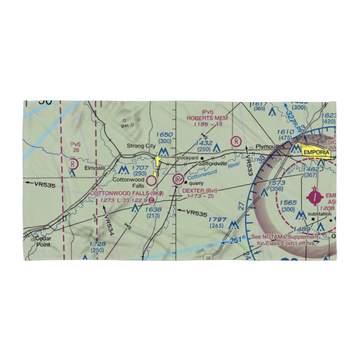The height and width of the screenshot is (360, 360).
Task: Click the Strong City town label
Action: point(141,146)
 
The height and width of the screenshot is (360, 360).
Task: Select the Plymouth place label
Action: point(267,147)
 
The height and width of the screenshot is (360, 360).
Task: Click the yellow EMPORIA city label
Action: point(316,153)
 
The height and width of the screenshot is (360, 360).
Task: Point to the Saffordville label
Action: point(213,163)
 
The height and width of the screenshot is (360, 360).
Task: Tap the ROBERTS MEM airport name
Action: point(207,118)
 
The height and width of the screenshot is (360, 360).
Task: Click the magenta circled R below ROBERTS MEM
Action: point(236,141)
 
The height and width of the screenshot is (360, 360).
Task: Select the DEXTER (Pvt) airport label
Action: point(200,190)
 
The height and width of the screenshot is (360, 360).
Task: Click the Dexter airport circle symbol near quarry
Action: point(177,179)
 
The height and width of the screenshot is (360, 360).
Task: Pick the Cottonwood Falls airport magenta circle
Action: point(152,179)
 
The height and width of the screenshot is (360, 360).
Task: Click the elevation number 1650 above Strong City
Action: point(165,135)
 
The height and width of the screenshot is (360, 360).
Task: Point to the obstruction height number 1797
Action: point(217,220)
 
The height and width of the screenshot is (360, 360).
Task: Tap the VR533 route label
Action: point(248,164)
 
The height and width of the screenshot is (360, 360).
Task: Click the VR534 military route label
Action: point(109,225)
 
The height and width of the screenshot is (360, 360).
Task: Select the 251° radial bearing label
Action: point(238,239)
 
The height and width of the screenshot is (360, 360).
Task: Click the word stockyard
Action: point(187,158)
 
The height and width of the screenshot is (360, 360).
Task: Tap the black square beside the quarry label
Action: point(186,183)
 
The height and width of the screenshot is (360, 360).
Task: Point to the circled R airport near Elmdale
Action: point(73,164)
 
